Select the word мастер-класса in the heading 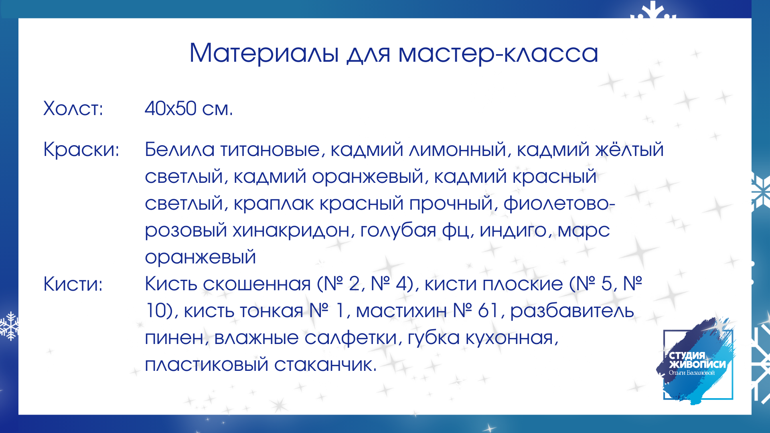coord(498,54)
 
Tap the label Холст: coord(73,108)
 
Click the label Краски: coord(81,149)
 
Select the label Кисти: coord(73,284)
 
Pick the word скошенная coord(257,284)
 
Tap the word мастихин coord(401,311)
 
